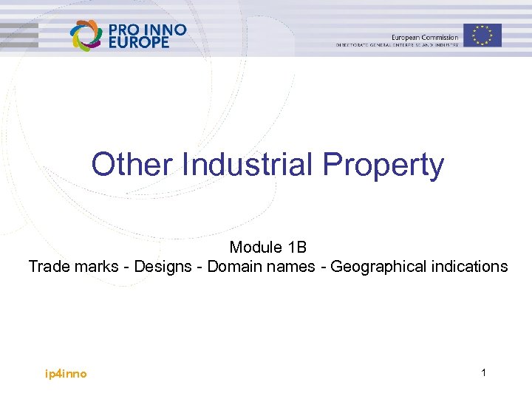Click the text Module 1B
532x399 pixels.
pos(267,247)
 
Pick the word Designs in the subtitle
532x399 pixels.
pos(163,266)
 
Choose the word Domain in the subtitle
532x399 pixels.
pos(233,266)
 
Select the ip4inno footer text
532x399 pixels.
pos(66,374)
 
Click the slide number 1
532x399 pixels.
pos(483,373)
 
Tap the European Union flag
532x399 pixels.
pos(483,35)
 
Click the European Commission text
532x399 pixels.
pos(425,37)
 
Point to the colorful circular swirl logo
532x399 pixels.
pos(86,35)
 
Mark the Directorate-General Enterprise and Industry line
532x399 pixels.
pos(398,45)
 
